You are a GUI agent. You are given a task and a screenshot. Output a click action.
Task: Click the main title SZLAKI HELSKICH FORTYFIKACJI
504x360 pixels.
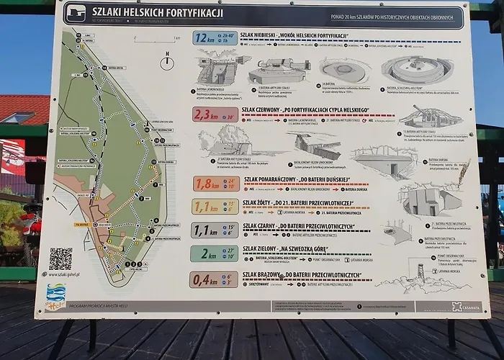pos(156,13)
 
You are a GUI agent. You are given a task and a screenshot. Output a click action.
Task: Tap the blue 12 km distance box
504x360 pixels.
pos(215,38)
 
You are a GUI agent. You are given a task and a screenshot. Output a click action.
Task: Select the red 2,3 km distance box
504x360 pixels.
pos(214,114)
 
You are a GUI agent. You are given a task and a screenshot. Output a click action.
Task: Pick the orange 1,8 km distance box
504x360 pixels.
pos(214,184)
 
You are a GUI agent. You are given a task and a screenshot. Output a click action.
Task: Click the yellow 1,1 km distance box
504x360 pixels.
pos(214,207)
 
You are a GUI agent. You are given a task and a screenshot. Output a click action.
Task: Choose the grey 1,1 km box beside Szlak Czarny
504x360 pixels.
pos(214,230)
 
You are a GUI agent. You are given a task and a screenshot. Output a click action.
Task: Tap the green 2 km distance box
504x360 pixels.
pos(214,253)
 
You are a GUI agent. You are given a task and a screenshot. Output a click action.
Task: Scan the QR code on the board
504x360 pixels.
pos(60,258)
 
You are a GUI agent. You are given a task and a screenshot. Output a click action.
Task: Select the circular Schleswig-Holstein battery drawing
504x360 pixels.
pos(418,71)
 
